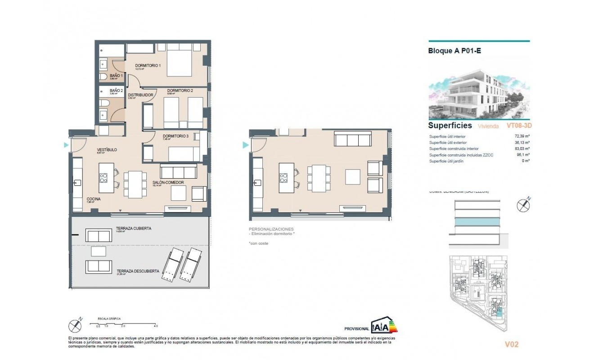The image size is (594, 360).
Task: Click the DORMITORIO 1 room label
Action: pyautogui.click(x=148, y=66)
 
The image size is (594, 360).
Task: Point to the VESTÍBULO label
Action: pyautogui.click(x=107, y=150)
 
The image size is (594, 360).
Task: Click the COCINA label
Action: pyautogui.click(x=94, y=199)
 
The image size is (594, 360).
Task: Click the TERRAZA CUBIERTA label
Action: pyautogui.click(x=134, y=229)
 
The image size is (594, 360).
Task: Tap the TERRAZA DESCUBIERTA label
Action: pyautogui.click(x=138, y=271)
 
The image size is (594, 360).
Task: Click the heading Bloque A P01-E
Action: pyautogui.click(x=454, y=51)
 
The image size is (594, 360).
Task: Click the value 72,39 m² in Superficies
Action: pyautogui.click(x=521, y=136)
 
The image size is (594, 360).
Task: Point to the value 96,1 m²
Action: pyautogui.click(x=522, y=155)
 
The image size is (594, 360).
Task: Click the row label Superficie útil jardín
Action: pyautogui.click(x=450, y=161)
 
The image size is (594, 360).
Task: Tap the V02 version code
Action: pyautogui.click(x=512, y=345)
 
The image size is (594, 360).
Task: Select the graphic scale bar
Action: pyautogui.click(x=124, y=323)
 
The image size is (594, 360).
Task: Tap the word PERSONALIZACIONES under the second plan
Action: pyautogui.click(x=271, y=229)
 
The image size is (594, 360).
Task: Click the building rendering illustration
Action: pyautogui.click(x=479, y=94)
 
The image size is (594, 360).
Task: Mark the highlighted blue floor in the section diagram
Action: pyautogui.click(x=477, y=222)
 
